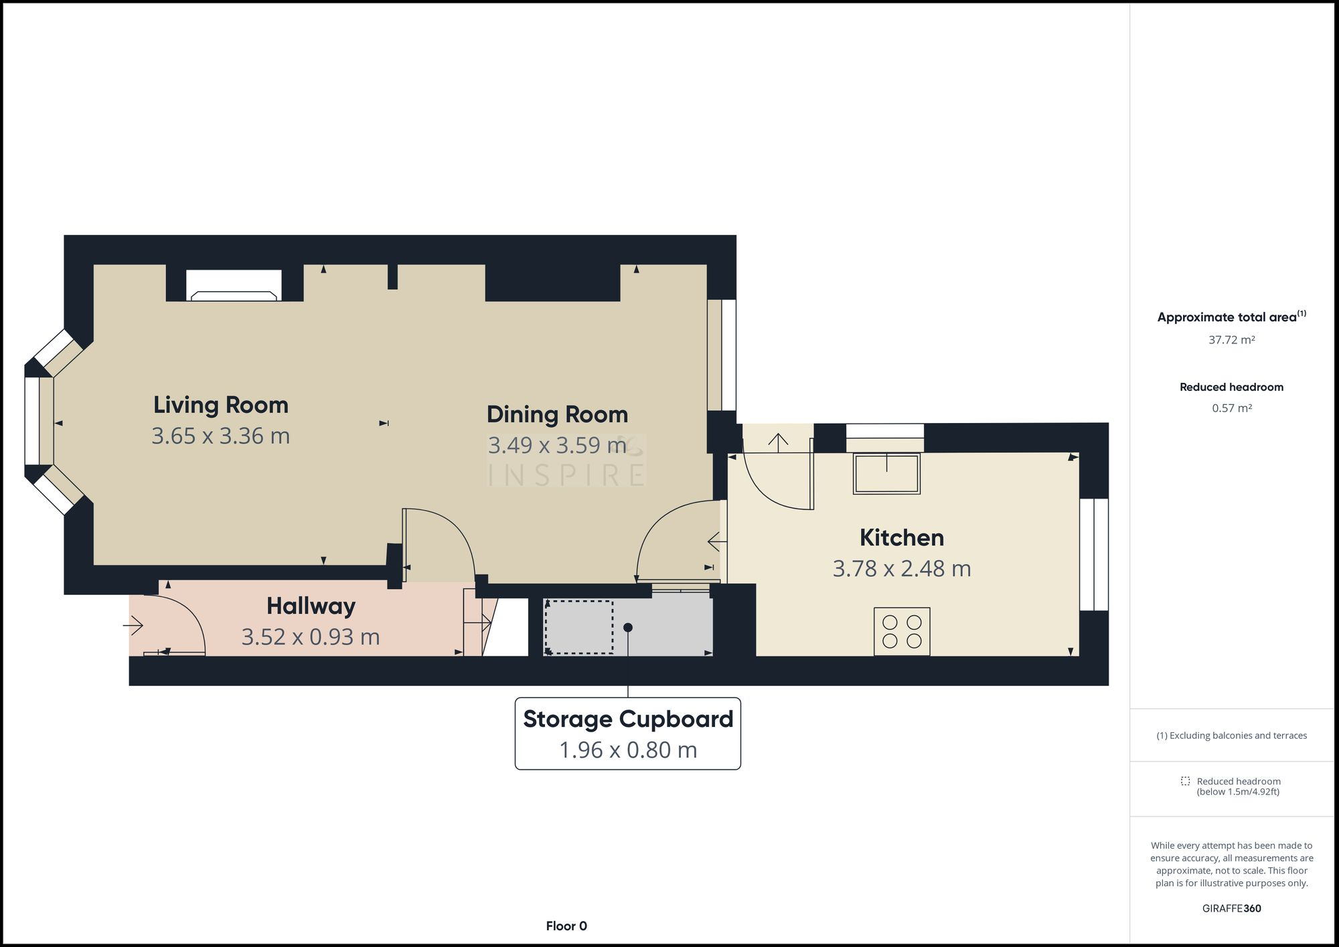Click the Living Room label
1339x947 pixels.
pyautogui.click(x=220, y=405)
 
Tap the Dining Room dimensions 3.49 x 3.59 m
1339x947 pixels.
pyautogui.click(x=557, y=446)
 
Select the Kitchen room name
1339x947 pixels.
pyautogui.click(x=901, y=537)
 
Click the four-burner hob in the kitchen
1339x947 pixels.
pyautogui.click(x=901, y=631)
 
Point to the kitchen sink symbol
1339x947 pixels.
pyautogui.click(x=886, y=473)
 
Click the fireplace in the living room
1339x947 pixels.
pyautogui.click(x=234, y=286)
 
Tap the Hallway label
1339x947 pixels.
pyautogui.click(x=311, y=606)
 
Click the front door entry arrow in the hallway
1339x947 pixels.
pyautogui.click(x=133, y=626)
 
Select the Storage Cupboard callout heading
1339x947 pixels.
pyautogui.click(x=627, y=719)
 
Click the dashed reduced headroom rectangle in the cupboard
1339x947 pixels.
pyautogui.click(x=579, y=627)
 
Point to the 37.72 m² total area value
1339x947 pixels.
pyautogui.click(x=1231, y=340)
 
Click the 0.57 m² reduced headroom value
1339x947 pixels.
pyautogui.click(x=1231, y=408)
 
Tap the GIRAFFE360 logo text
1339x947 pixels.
pyautogui.click(x=1231, y=908)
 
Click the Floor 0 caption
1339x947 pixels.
pyautogui.click(x=566, y=926)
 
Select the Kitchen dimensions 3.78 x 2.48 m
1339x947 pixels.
pyautogui.click(x=901, y=569)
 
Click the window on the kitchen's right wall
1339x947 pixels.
pyautogui.click(x=1094, y=554)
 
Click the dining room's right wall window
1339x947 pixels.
pyautogui.click(x=722, y=355)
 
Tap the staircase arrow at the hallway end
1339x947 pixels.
pyautogui.click(x=478, y=623)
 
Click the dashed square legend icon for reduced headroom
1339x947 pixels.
pyautogui.click(x=1185, y=781)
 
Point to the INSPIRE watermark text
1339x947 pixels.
pyautogui.click(x=566, y=475)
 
